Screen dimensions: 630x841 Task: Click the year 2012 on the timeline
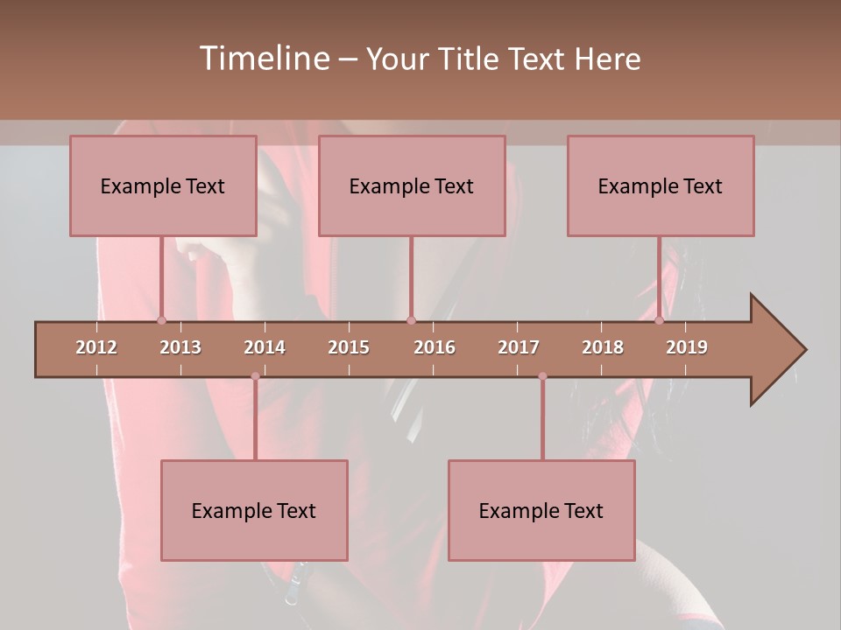[x=96, y=347]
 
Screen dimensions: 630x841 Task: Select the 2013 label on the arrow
[x=180, y=347]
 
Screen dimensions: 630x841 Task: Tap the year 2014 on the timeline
[x=265, y=347]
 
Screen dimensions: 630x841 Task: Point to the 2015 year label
[x=349, y=347]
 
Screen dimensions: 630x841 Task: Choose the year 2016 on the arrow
[x=435, y=347]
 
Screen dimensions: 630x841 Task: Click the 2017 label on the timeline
[x=519, y=347]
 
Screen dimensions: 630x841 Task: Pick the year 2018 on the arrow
[x=603, y=347]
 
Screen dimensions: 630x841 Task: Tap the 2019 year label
[x=687, y=347]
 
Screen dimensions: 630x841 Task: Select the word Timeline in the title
[x=263, y=59]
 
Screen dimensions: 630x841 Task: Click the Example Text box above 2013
[x=163, y=186]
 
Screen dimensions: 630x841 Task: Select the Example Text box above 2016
[x=412, y=186]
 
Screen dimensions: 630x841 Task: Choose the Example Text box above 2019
[x=661, y=186]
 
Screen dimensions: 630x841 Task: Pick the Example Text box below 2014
[x=254, y=511]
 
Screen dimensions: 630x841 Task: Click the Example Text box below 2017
[x=541, y=511]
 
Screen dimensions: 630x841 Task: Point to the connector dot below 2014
[x=255, y=376]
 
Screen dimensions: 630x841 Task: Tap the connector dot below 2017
[x=542, y=376]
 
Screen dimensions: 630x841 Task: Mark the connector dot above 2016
[x=411, y=320]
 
